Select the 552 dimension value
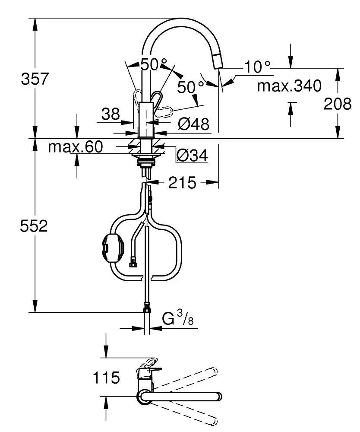[x=34, y=226]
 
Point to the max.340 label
[x=289, y=86]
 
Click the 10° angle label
[x=258, y=67]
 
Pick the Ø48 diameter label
[x=193, y=124]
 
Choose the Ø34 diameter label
[x=192, y=154]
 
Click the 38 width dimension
[x=111, y=114]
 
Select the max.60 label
[x=75, y=147]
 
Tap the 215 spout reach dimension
[x=182, y=183]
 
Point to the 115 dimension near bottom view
[x=106, y=378]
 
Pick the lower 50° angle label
[x=190, y=87]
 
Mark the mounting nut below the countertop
[x=147, y=162]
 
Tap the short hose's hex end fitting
[x=133, y=262]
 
